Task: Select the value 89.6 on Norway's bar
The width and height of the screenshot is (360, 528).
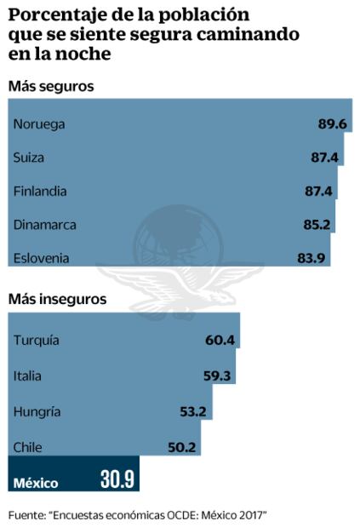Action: pyautogui.click(x=331, y=124)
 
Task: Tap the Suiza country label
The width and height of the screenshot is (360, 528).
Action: pyautogui.click(x=29, y=158)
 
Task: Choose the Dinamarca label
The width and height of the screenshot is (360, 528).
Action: pyautogui.click(x=45, y=225)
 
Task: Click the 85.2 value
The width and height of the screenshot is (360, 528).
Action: pyautogui.click(x=317, y=225)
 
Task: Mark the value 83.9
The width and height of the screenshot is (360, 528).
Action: pyautogui.click(x=312, y=257)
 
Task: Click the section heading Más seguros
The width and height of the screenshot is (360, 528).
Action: pyautogui.click(x=50, y=87)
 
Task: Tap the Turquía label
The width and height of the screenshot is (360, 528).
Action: pyautogui.click(x=37, y=341)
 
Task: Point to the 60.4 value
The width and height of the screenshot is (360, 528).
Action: pyautogui.click(x=220, y=341)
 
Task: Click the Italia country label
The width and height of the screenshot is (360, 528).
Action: pyautogui.click(x=28, y=376)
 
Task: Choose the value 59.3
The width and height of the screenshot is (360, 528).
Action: pyautogui.click(x=217, y=376)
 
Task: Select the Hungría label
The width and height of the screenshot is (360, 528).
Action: pyautogui.click(x=37, y=411)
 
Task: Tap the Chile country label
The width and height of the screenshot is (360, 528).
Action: pyautogui.click(x=28, y=446)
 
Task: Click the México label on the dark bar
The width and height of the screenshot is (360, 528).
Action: pyautogui.click(x=36, y=483)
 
